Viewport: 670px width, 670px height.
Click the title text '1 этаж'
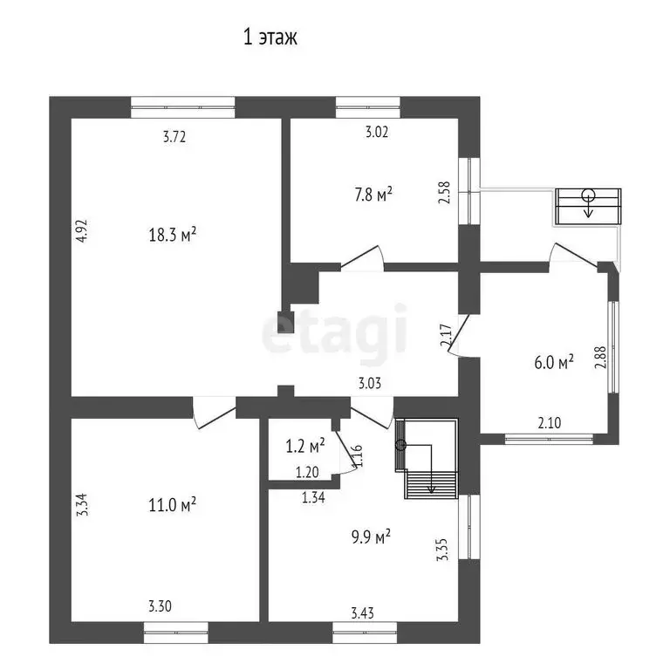click(270, 38)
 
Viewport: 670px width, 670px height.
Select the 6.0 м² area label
click(553, 362)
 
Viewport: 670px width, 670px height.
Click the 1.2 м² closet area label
click(305, 446)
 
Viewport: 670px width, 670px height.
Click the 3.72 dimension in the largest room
click(175, 136)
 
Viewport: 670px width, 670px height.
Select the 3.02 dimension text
click(376, 133)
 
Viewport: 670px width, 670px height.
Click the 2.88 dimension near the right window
click(599, 358)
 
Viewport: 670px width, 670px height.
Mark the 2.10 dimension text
click(549, 423)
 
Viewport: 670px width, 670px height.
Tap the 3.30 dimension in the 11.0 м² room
click(160, 606)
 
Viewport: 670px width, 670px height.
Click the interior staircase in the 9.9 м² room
click(428, 458)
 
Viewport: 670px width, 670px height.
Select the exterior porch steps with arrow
click(588, 204)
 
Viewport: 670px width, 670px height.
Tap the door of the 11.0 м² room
click(214, 414)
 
